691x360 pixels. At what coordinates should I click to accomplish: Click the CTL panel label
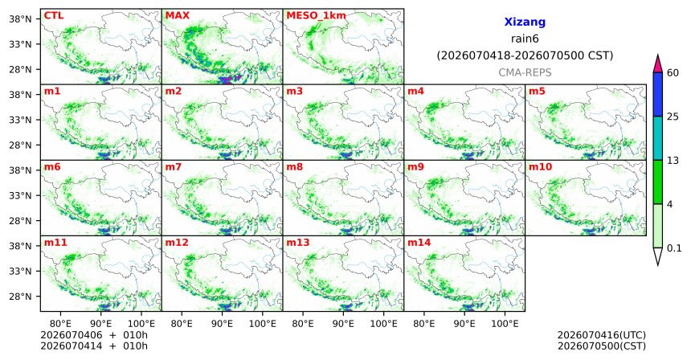pos(54,16)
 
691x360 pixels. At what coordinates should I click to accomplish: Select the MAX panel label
pos(177,16)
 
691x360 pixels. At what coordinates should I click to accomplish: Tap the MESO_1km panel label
pos(316,16)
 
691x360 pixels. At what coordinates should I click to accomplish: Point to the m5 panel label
pos(537,92)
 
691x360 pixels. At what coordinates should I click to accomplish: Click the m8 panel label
pos(294,167)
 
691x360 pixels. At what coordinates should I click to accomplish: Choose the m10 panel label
pos(540,167)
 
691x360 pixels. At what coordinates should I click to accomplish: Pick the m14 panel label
pos(419,243)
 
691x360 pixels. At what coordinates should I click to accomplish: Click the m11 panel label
pos(55,243)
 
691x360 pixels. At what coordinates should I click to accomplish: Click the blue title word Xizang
pos(525,22)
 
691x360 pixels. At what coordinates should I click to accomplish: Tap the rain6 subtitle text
pos(525,39)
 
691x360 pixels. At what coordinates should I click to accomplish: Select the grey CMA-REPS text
pos(525,72)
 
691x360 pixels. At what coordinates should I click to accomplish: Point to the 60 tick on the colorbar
pos(673,73)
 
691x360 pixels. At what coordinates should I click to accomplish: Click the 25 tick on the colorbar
pos(673,117)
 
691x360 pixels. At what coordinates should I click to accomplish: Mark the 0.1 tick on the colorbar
pos(674,248)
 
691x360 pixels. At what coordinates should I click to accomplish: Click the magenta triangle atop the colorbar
pos(658,64)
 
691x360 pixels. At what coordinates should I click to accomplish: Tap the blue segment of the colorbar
pos(658,94)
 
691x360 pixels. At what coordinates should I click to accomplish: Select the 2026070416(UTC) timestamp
pos(602,336)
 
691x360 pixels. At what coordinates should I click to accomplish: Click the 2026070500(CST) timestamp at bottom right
pos(602,346)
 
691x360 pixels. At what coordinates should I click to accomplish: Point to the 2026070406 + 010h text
pos(94,336)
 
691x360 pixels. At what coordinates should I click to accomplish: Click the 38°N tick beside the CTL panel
pos(21,19)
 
